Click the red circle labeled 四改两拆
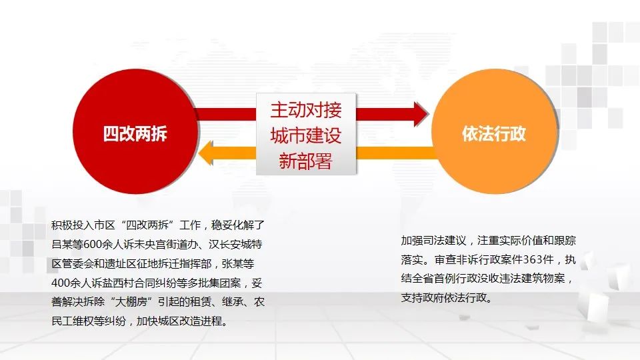coord(135,131)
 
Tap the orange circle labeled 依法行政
coord(494,131)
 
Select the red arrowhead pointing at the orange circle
coord(421,114)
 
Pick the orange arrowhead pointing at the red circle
coord(206,153)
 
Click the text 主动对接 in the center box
coord(306,110)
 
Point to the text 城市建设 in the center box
coord(306,135)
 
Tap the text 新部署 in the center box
coord(306,161)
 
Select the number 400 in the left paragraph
coord(61,283)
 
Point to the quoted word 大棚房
coord(131,302)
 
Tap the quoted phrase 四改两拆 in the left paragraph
coord(147,225)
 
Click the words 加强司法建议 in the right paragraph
coord(433,241)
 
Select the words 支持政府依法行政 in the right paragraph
coord(444,297)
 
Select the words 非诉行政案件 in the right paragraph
coord(489,259)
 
